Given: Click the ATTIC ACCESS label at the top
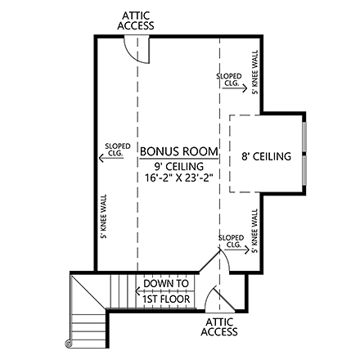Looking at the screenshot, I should point(135,20).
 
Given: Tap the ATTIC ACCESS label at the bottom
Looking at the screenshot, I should point(219,326).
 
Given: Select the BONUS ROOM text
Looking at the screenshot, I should point(179,151).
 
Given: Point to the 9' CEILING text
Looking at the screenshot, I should point(178,164).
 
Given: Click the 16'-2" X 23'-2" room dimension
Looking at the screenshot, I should point(178,177).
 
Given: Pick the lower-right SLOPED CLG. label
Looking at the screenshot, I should point(231,241).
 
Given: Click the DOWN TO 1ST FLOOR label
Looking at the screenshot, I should point(166,291).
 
